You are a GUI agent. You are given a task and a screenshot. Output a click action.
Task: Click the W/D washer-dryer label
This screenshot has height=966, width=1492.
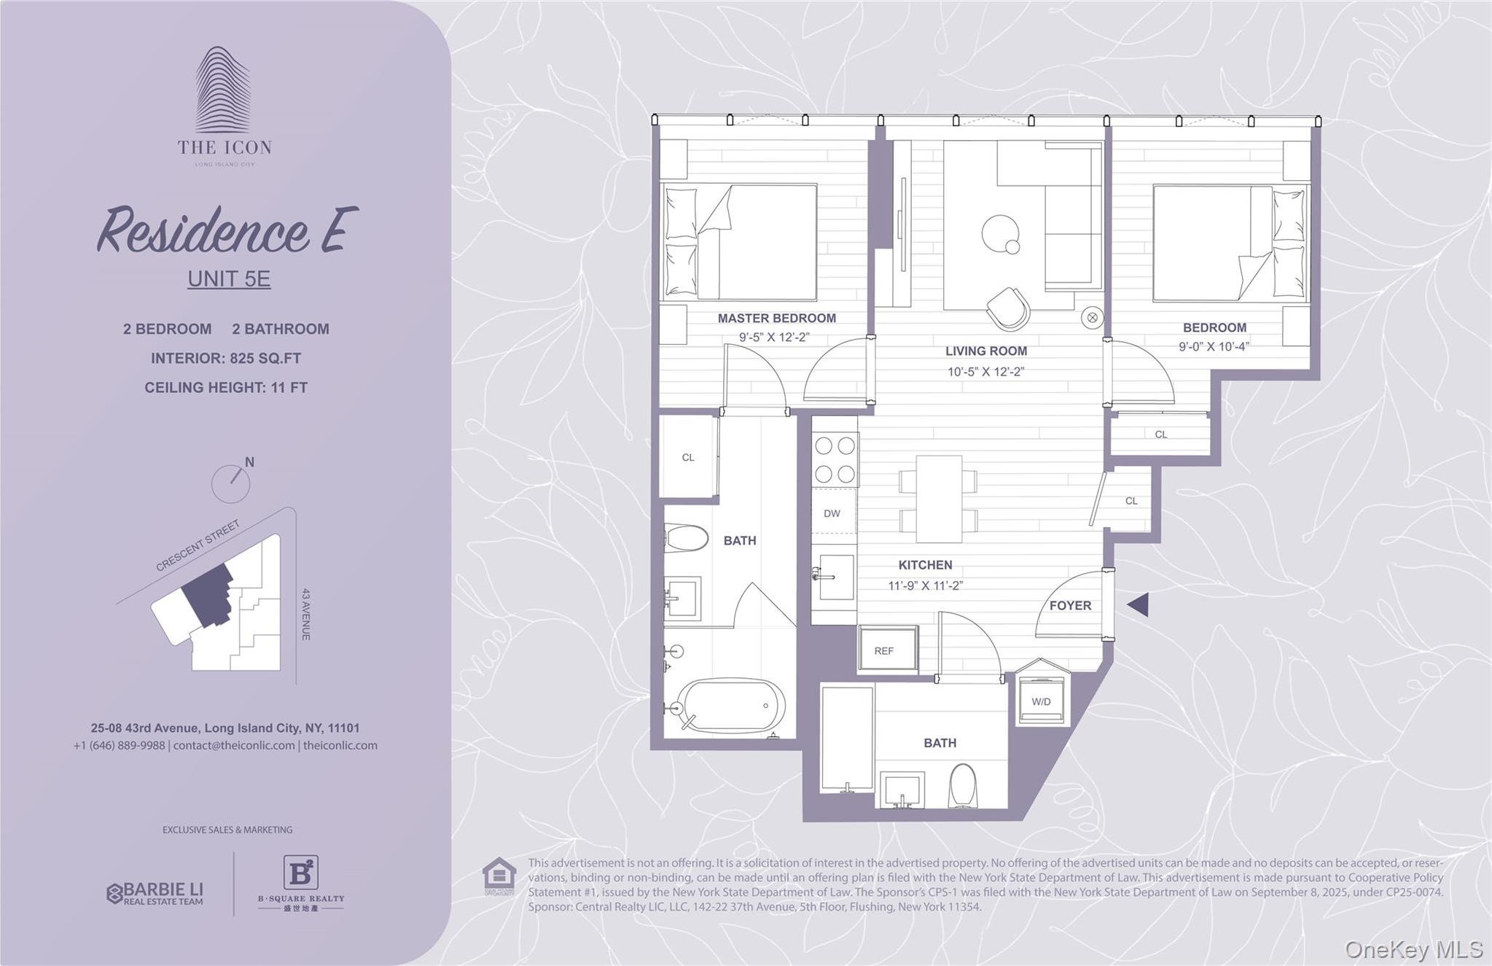1041,701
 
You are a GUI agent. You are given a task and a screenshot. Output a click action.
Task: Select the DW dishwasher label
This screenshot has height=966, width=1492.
832,513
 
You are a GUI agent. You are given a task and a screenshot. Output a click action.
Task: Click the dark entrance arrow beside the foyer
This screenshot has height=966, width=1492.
1138,604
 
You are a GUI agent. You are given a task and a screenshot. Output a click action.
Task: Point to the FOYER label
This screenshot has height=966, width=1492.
1070,605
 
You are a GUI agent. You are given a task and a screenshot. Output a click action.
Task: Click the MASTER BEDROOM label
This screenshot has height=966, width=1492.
776,318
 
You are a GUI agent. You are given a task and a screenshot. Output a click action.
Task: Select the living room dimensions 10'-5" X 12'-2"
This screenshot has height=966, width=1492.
985,372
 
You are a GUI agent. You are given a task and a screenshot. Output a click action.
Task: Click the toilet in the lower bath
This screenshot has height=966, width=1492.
963,785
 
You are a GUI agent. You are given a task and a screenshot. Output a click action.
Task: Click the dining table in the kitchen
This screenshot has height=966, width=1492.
939,499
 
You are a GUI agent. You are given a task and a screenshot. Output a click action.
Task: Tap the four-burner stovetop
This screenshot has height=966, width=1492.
835,459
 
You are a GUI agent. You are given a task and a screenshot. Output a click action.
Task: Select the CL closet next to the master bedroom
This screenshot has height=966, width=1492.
688,457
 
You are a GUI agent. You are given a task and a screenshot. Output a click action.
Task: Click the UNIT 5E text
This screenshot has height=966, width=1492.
229,278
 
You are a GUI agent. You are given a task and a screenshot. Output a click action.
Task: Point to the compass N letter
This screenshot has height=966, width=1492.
249,462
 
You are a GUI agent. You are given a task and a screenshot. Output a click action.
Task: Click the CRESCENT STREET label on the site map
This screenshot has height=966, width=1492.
198,545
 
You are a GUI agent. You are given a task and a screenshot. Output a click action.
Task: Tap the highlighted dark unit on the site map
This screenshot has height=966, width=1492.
207,593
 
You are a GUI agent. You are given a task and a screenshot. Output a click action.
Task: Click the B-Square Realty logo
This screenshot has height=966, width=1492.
300,882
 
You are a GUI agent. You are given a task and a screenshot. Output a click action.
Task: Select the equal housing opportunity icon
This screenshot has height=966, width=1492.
499,876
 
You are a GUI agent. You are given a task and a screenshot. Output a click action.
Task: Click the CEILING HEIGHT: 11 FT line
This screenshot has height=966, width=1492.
226,388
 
